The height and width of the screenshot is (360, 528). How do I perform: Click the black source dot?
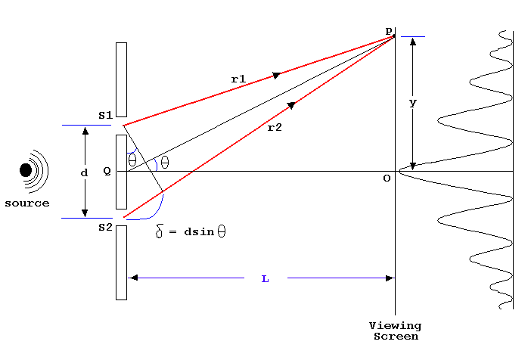tap(26, 170)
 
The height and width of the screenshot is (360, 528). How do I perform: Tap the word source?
tap(26, 203)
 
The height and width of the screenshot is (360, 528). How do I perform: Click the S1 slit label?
tap(105, 115)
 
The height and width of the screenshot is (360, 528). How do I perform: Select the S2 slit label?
tap(105, 228)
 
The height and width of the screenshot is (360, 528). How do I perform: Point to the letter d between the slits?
tap(84, 172)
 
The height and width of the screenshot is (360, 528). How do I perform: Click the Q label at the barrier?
tap(107, 171)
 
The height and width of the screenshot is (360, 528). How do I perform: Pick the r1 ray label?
tap(239, 78)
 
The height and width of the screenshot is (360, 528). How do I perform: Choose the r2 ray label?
tap(274, 129)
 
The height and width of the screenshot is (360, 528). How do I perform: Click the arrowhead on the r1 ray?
tap(277, 75)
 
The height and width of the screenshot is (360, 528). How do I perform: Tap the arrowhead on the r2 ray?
tap(292, 105)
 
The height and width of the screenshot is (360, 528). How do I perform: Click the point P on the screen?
tap(393, 36)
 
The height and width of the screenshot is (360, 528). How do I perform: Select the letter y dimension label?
tap(412, 103)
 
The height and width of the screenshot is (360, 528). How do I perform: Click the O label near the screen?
tap(387, 178)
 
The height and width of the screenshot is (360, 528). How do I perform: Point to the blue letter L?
tap(265, 279)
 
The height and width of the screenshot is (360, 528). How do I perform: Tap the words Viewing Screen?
tap(394, 331)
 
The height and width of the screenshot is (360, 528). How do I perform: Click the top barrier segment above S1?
tap(121, 79)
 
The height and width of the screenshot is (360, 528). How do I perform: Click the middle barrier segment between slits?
tap(121, 172)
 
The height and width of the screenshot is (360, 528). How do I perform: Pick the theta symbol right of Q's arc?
tap(165, 162)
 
